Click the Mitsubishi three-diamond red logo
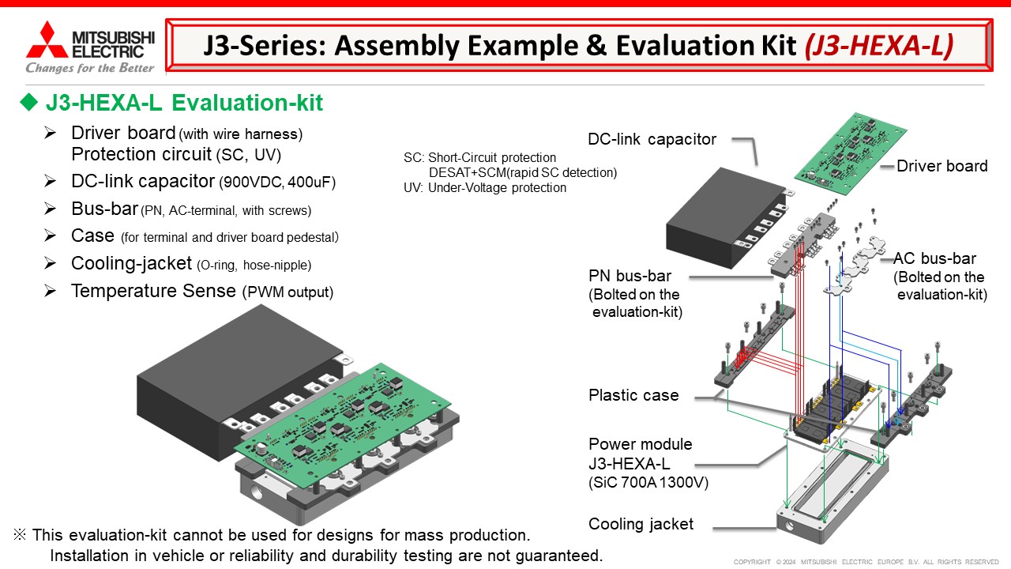point(46,40)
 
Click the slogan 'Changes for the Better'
point(90,68)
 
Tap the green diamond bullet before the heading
point(29,103)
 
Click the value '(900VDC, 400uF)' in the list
point(277,183)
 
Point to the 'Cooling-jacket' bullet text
point(131,263)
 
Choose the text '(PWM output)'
point(288,292)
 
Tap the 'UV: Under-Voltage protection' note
point(485,188)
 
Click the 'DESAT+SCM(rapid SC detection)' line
point(522,172)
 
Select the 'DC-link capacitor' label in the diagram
point(652,139)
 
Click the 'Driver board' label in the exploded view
point(941,166)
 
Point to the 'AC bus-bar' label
point(934,258)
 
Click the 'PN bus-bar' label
point(630,277)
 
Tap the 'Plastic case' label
point(633,395)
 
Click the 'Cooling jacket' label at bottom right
point(641,524)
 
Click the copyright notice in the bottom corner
point(866,562)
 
